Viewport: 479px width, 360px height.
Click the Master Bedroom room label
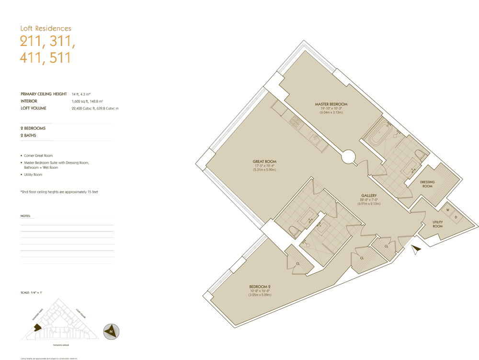pos(331,104)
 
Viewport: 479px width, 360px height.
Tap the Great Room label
pos(264,162)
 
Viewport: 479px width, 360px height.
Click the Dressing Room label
pos(427,184)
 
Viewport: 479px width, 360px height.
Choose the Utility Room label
pos(437,224)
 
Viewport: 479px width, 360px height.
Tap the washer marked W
pos(448,209)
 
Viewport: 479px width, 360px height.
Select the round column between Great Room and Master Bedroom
pos(348,157)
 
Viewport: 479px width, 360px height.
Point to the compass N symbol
pos(111,331)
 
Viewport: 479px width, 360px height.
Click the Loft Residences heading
pos(46,29)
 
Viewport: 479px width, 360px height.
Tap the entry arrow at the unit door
pos(416,249)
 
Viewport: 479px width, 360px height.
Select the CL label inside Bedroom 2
pos(298,263)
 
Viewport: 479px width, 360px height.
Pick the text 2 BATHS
pos(28,136)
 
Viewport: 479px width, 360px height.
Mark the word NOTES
pos(25,216)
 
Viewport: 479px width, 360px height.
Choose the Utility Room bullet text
pos(33,174)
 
